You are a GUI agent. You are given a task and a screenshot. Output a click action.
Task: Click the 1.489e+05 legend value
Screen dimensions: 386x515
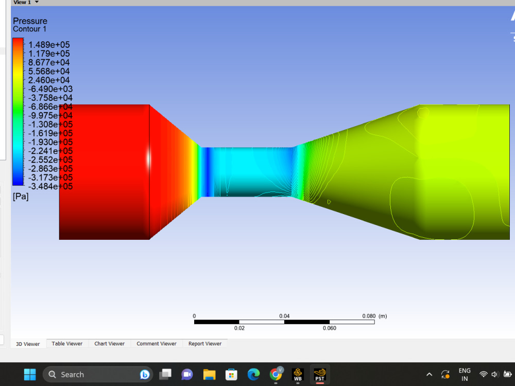[49, 45]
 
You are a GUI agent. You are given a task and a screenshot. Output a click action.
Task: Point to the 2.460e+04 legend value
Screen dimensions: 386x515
[49, 80]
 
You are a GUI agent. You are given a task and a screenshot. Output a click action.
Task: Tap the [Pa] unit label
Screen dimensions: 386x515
[21, 197]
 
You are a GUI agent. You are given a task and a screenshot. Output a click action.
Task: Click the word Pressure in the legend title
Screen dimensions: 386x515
[30, 21]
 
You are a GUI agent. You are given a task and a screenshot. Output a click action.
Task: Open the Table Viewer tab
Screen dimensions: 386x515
[67, 344]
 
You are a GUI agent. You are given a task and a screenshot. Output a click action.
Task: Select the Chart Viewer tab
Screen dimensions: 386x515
[109, 344]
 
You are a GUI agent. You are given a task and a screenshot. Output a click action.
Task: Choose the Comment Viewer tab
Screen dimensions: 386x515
[156, 344]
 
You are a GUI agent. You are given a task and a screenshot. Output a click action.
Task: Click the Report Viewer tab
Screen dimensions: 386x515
[204, 344]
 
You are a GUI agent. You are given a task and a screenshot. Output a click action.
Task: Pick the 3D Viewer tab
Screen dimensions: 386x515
[28, 344]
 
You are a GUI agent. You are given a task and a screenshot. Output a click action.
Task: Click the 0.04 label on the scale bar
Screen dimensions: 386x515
[284, 316]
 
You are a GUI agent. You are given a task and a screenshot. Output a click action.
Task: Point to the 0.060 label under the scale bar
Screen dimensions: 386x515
[329, 328]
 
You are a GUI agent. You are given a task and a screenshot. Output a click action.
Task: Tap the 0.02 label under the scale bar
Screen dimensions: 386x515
[239, 328]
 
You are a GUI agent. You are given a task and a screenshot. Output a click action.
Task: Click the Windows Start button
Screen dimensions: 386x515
[30, 375]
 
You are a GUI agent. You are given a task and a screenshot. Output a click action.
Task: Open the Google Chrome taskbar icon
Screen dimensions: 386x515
[276, 374]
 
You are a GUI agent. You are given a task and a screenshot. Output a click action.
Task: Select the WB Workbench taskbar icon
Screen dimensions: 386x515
[298, 375]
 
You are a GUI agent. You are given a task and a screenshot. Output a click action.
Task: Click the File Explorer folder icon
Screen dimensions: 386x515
[209, 375]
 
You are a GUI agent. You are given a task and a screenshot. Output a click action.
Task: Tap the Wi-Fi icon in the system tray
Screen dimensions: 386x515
[483, 375]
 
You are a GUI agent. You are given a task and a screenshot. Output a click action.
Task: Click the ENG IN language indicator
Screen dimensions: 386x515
[465, 375]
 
